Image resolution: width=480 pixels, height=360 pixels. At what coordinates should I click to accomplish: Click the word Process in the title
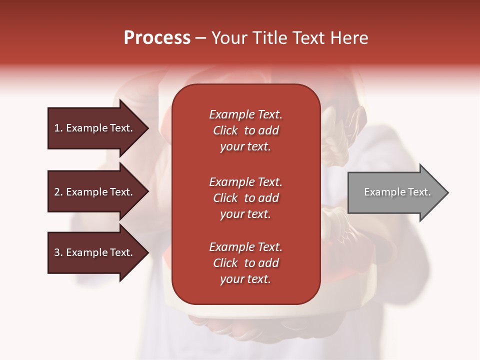point(157,38)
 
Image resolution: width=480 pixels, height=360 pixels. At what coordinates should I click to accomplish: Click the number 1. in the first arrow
point(58,128)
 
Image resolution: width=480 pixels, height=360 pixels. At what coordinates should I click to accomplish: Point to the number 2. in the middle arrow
point(58,192)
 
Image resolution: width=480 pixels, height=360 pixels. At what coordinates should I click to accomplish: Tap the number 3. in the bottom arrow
point(58,252)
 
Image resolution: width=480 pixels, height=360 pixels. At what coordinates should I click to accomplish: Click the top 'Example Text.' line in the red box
point(245,114)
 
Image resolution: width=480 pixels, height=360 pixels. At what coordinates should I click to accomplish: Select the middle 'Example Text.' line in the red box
point(245,182)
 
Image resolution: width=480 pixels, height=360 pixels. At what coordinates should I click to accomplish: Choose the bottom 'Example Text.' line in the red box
point(245,247)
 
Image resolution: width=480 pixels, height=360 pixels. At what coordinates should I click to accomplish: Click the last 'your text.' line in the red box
point(245,279)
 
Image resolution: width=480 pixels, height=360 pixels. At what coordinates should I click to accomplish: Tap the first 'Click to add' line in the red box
point(245,130)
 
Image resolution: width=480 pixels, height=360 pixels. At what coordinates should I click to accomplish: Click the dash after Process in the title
point(200,38)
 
